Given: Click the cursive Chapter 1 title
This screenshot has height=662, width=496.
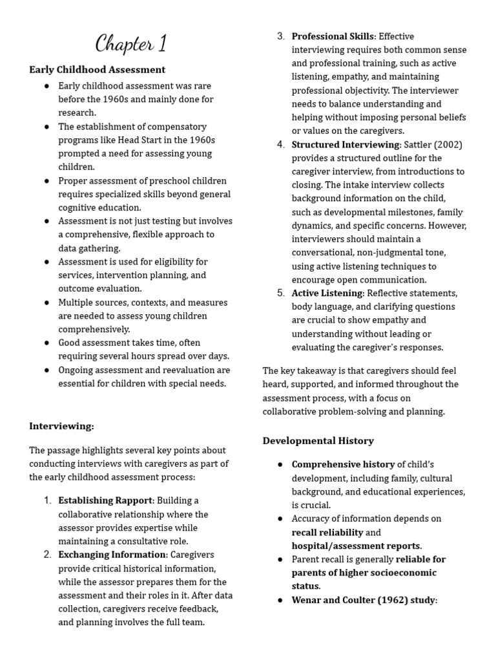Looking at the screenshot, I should pyautogui.click(x=131, y=44).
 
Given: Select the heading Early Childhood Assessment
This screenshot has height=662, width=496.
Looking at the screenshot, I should pyautogui.click(x=98, y=70).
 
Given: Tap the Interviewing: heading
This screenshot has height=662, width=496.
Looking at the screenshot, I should pyautogui.click(x=62, y=426).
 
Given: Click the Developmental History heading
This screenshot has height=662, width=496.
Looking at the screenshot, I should pyautogui.click(x=318, y=441).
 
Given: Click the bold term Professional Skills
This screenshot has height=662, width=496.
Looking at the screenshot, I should pyautogui.click(x=333, y=36).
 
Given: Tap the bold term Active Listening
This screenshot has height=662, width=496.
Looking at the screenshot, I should pyautogui.click(x=327, y=294).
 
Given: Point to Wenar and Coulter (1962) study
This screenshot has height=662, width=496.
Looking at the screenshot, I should pyautogui.click(x=364, y=600).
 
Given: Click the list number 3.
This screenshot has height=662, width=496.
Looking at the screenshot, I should pyautogui.click(x=281, y=36).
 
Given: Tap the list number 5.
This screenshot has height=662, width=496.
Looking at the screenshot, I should pyautogui.click(x=281, y=294).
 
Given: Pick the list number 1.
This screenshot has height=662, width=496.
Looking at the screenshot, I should pyautogui.click(x=48, y=501).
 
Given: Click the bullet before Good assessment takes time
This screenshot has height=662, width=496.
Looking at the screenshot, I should pyautogui.click(x=47, y=343).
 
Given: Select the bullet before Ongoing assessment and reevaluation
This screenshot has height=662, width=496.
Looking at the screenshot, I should pyautogui.click(x=47, y=370).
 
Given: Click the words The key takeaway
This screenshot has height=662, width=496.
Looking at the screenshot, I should pyautogui.click(x=294, y=371).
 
